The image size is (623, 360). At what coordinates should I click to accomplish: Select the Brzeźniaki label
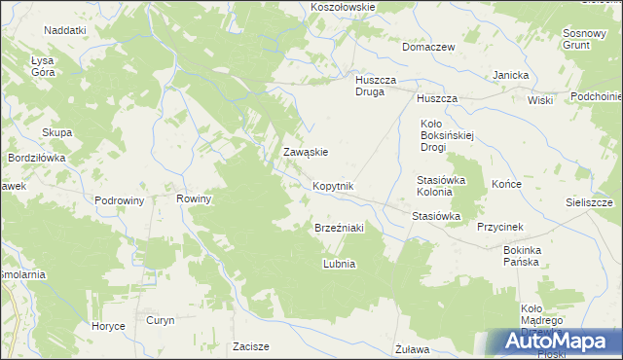pos(339,228)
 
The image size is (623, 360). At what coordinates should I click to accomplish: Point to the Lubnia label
pos(339,264)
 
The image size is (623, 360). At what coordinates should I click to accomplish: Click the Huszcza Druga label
pos(372,87)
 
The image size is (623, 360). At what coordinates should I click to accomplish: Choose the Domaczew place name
pos(429,46)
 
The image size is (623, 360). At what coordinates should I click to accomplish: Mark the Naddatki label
pos(65,31)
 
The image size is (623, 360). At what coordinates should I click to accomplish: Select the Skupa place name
pos(56,133)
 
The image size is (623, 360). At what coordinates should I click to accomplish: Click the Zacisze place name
pos(250,346)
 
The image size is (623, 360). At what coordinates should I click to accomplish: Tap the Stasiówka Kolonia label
pos(442,186)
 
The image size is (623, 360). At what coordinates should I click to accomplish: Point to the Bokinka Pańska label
pos(528,256)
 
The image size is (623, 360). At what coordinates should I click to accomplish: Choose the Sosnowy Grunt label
pos(585,39)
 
